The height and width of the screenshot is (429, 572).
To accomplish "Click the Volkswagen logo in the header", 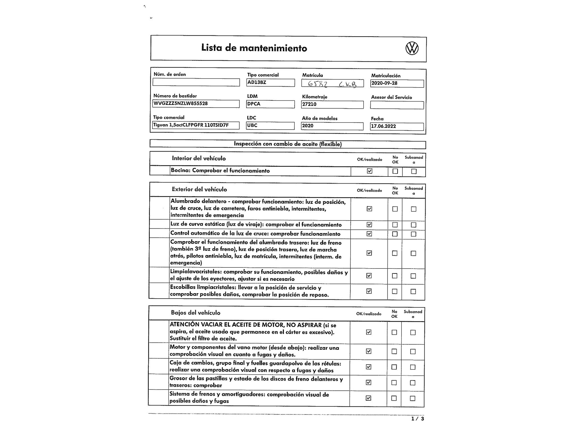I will (x=412, y=48).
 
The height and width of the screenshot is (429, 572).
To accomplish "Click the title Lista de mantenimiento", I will (x=254, y=48).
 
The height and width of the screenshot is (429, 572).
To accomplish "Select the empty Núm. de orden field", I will (x=196, y=82).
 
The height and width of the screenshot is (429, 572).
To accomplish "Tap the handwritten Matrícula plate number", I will (x=332, y=84).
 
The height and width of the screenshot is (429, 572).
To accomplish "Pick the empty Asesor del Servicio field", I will (x=397, y=105).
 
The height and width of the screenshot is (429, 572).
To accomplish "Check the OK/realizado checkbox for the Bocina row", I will (x=370, y=171).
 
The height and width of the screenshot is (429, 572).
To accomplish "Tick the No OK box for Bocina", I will (x=395, y=171).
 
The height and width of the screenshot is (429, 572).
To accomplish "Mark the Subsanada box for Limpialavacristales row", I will (x=413, y=276).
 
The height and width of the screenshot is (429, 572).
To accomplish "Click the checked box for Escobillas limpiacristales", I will (x=369, y=291).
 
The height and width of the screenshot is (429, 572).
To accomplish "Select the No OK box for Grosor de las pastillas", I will (x=394, y=383).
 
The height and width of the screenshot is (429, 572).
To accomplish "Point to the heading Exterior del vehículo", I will (x=199, y=189).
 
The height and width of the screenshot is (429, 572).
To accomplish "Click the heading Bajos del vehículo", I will (x=196, y=313).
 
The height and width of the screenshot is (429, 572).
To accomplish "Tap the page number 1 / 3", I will (x=418, y=419).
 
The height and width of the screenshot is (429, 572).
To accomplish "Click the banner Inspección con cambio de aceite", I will (x=288, y=144).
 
